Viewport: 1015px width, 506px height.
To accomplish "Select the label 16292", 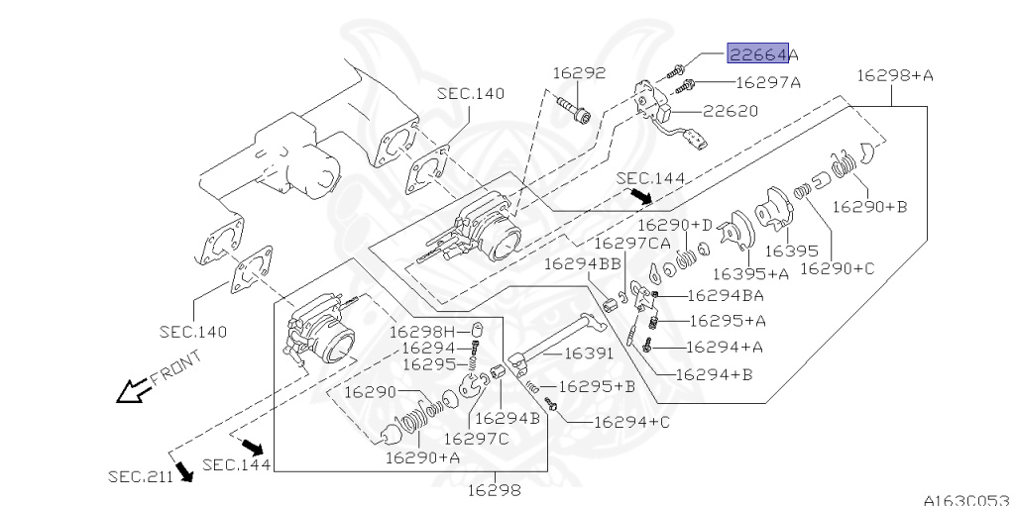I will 579,72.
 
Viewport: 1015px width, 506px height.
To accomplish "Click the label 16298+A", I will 895,74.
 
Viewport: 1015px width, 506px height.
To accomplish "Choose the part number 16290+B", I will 869,206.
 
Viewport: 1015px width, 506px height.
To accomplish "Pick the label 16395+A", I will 750,273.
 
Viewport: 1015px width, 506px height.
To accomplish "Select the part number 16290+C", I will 837,266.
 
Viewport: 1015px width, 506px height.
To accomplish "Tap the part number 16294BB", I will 582,262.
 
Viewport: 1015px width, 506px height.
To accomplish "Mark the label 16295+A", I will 727,321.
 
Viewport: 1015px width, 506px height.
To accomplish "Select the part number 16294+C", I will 631,422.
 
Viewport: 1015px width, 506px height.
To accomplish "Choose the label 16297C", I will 476,439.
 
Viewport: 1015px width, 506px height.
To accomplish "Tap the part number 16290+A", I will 422,457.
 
